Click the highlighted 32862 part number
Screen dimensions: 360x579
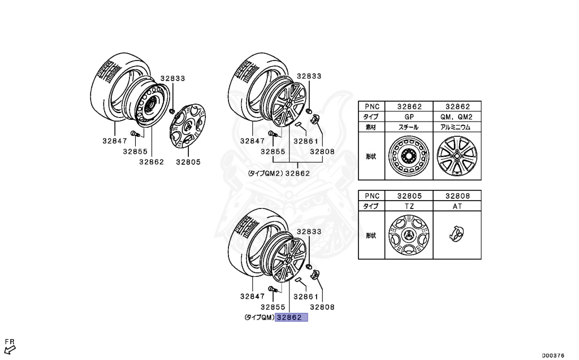(291, 318)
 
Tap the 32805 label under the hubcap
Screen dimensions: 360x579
(188, 162)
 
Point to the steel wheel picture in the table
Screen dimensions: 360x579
(409, 155)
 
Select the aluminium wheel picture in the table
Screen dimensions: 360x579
(457, 155)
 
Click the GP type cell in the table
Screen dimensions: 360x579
(409, 116)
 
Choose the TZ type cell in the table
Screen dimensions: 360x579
(409, 206)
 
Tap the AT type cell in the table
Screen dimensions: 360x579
(457, 206)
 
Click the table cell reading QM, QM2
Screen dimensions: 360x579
(457, 116)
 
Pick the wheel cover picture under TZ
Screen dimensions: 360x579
(409, 235)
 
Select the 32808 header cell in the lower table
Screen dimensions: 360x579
(457, 196)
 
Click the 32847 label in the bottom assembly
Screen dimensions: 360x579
(252, 296)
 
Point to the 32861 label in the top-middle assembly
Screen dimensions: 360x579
(306, 142)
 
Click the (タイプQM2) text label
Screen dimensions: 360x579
(265, 173)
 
